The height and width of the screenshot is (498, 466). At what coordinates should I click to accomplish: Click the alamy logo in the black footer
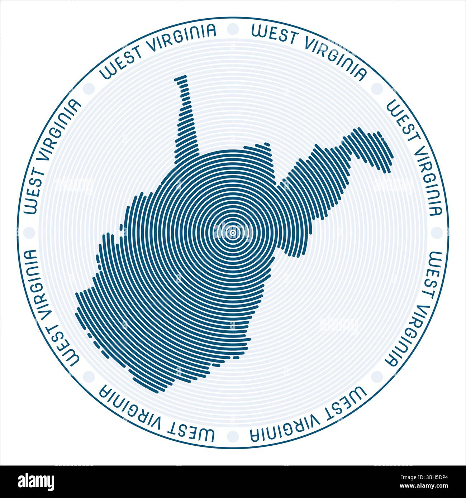click(x=36, y=481)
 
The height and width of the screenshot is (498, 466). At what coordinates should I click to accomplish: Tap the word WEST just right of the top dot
click(x=274, y=34)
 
